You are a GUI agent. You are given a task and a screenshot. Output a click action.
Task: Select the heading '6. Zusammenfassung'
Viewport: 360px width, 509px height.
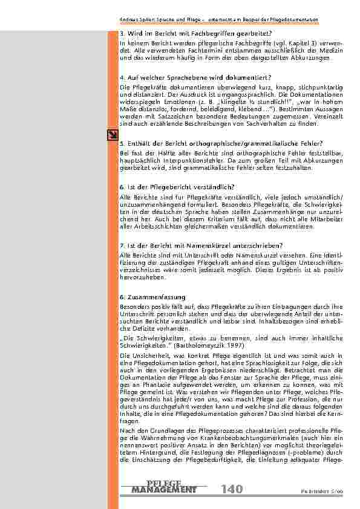click(x=147, y=297)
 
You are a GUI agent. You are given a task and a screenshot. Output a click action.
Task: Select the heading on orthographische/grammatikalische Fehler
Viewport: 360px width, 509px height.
click(x=204, y=143)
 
